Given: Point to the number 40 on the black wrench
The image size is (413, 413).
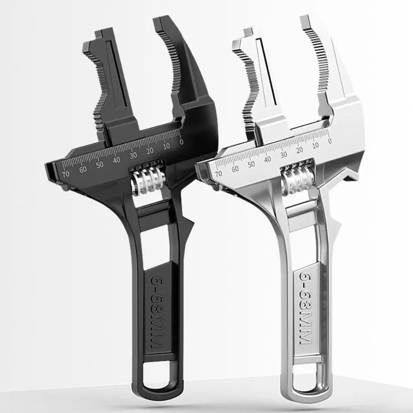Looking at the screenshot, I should click(x=117, y=160).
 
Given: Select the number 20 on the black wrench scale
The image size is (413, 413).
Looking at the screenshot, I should click(x=150, y=151).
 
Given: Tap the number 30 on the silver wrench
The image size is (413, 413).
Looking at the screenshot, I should click(x=284, y=154).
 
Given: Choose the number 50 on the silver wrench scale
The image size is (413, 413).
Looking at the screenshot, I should click(x=251, y=164).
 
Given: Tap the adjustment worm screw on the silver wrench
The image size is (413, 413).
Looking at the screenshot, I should click(x=298, y=180).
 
